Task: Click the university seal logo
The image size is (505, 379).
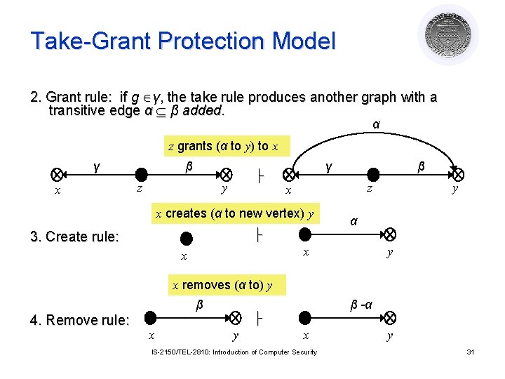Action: click(448, 34)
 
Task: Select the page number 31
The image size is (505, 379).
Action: click(471, 352)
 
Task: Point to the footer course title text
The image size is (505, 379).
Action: click(234, 352)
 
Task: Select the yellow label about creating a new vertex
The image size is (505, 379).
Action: click(234, 213)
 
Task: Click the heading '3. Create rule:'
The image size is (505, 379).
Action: click(74, 237)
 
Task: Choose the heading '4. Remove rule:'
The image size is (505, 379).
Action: click(80, 321)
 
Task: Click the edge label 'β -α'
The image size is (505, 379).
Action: click(361, 305)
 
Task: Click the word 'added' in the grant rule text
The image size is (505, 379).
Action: click(202, 111)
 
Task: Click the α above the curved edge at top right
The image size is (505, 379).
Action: click(377, 125)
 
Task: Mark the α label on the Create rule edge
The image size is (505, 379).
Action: click(354, 221)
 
